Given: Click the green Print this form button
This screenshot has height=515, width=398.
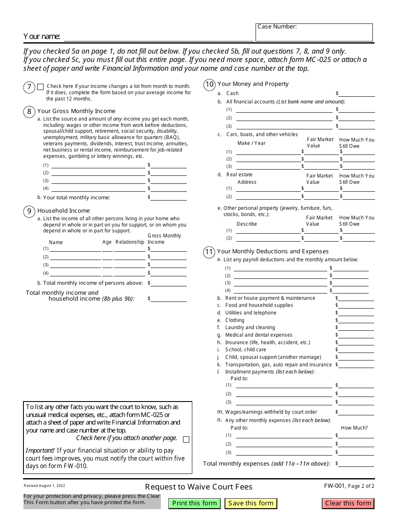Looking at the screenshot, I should [194, 503].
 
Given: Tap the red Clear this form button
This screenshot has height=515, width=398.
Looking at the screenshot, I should [348, 503].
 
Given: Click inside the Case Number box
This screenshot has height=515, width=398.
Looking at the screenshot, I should [314, 34].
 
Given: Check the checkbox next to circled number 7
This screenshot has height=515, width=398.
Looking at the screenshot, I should [40, 87].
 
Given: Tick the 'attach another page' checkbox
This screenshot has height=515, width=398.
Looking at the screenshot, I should [186, 439].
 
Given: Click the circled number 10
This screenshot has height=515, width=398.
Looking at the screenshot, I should [209, 85].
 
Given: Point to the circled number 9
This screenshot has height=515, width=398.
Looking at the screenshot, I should [29, 211].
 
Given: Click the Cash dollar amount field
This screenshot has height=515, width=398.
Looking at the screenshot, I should [357, 94].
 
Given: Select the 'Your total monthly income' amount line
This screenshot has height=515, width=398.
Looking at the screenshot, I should [168, 198].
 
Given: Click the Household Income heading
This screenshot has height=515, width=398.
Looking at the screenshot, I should [63, 211].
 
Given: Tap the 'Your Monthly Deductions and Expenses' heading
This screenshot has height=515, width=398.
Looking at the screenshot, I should [273, 251].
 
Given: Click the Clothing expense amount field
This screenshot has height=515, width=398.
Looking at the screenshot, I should [357, 321].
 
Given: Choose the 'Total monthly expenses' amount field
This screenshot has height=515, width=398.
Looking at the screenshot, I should [357, 464].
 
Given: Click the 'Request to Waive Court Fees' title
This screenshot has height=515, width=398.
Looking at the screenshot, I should [199, 487].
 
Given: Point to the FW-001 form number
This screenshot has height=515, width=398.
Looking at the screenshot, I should [334, 486].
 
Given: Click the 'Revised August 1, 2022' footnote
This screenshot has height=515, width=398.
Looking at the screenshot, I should [44, 486].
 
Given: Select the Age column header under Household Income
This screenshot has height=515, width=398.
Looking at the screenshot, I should [107, 242].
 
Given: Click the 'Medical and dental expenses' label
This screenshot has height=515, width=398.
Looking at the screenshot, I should [258, 335].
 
